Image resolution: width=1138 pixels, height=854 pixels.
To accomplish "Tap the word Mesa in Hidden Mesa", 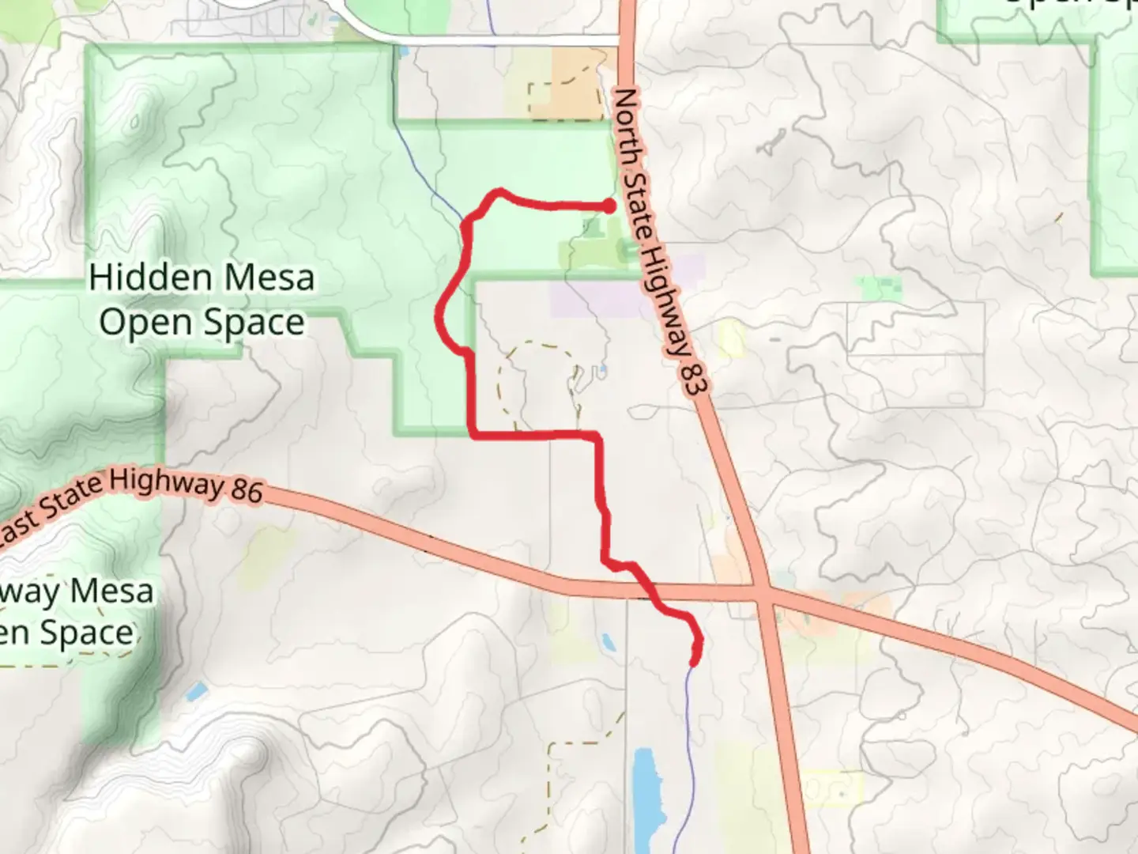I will click(269, 278).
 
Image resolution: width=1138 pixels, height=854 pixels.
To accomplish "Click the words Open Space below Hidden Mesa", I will click(202, 323).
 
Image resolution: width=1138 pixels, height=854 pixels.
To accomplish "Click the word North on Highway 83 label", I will click(627, 119).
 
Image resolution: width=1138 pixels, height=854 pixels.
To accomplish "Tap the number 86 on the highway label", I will click(247, 490).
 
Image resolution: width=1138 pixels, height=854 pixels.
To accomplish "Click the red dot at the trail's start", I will click(609, 206).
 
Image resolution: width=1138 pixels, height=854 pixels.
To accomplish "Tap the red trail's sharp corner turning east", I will click(473, 434).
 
